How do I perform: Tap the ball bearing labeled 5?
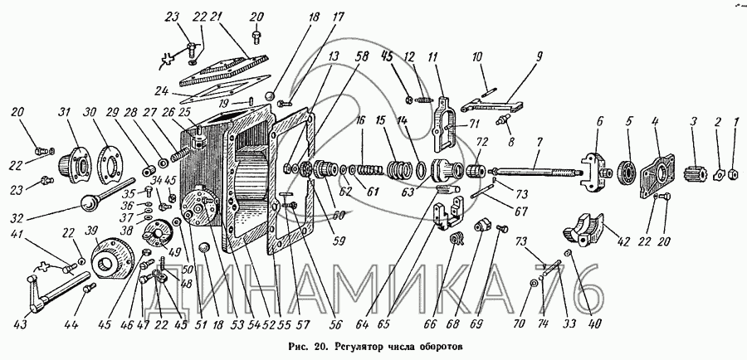point(627,171)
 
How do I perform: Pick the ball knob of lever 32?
point(89,205)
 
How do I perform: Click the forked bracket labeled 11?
point(444,123)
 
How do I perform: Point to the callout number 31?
point(64,114)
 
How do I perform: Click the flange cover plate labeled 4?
point(661,173)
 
